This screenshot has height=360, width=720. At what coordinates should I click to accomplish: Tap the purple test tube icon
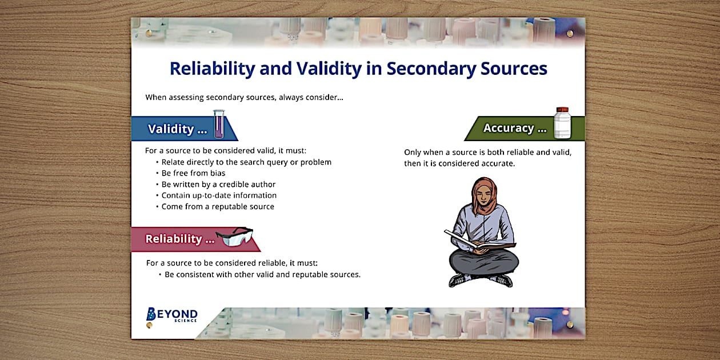pos(219,125)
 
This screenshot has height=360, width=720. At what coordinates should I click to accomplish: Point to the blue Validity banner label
pos(178,129)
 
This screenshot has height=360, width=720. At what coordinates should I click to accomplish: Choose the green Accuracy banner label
pos(515,128)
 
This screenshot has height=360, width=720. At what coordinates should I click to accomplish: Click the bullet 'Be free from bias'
pos(193,173)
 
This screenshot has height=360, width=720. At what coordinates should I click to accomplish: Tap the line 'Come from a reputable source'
pos(217,206)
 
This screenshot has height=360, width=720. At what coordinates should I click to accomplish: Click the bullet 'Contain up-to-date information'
pos(219,195)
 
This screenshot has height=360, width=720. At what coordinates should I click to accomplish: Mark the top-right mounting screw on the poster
pos(570,34)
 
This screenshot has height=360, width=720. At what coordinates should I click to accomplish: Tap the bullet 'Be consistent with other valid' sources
pos(262,274)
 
